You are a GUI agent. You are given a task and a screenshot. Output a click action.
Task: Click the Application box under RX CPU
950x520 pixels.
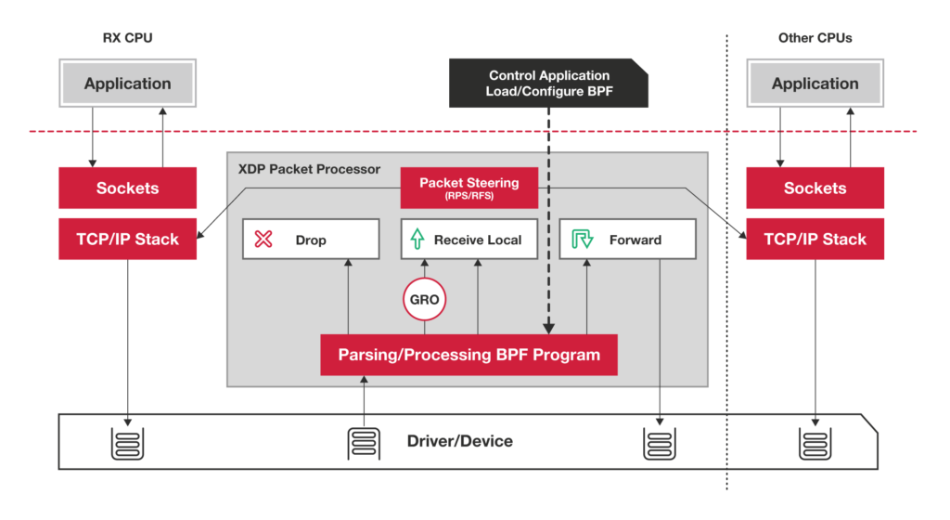[x=128, y=84]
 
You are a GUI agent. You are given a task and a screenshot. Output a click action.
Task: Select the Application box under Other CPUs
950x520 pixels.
[x=815, y=84]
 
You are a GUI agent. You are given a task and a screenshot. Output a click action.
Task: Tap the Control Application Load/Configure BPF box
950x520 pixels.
[x=548, y=84]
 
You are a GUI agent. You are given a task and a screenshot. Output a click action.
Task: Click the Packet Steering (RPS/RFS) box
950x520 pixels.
[x=469, y=188]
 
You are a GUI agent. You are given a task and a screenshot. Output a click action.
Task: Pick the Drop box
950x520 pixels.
[x=311, y=240]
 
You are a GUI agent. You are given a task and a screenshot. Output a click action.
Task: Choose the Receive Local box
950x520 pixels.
[x=469, y=240]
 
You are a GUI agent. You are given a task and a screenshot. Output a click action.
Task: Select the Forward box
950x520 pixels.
[x=627, y=240]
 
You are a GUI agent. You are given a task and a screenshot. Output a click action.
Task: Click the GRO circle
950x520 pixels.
[x=424, y=301]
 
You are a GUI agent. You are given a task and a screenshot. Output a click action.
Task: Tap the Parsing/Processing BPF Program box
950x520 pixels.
[x=469, y=355]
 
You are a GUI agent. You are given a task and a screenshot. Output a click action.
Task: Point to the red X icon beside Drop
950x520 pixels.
[x=263, y=240]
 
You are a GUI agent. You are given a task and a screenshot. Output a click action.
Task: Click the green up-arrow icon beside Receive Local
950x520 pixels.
[x=417, y=240]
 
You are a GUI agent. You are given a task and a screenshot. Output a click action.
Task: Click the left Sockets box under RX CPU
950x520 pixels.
[x=128, y=188]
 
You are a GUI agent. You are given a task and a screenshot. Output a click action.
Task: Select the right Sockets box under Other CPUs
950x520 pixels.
[x=815, y=188]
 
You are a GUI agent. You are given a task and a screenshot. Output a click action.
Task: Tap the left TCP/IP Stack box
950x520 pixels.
[x=128, y=240]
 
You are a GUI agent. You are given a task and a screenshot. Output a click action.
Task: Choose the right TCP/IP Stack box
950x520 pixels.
[x=815, y=240]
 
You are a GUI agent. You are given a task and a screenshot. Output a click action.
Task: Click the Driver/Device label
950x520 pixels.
[x=459, y=441]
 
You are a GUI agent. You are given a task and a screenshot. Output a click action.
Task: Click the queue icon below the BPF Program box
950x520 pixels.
[x=364, y=442]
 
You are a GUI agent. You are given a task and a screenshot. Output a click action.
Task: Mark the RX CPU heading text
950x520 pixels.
[x=127, y=39]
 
